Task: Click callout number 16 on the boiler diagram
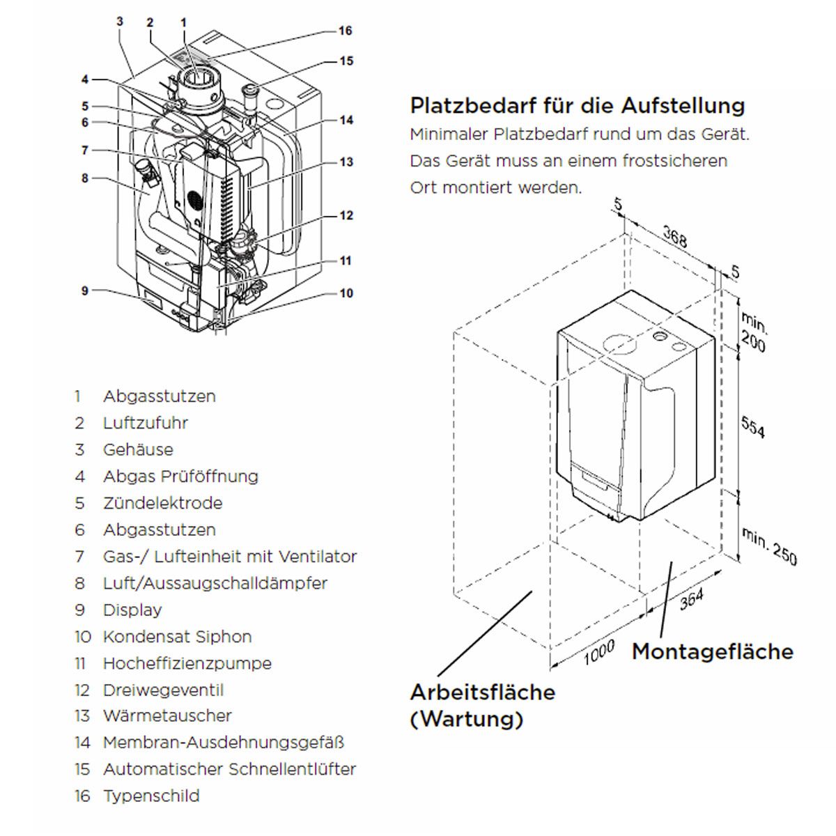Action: click(346, 31)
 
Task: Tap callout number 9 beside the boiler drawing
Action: click(84, 291)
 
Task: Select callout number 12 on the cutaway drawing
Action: click(346, 215)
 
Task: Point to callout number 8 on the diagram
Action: click(84, 178)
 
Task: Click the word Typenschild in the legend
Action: click(151, 796)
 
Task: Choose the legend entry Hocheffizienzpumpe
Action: click(187, 663)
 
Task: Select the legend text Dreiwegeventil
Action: click(164, 690)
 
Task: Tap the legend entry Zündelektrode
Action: click(163, 503)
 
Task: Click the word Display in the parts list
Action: click(132, 610)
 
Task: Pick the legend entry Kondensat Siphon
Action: click(178, 637)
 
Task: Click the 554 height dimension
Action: click(753, 427)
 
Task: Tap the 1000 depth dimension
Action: click(599, 653)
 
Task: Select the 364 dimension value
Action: click(692, 600)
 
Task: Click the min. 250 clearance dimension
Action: click(768, 546)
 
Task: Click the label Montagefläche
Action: click(713, 651)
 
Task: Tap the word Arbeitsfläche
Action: click(483, 692)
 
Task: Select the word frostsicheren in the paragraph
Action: click(675, 160)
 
